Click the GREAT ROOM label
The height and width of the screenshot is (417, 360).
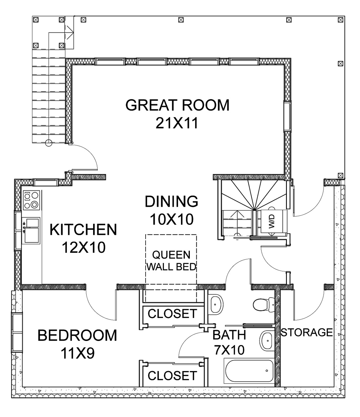tap(177, 105)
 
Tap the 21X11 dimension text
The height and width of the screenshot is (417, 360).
tap(177, 123)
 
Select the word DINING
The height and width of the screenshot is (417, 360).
tap(171, 201)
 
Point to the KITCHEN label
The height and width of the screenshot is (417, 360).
tap(83, 229)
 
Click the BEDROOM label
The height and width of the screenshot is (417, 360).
tap(77, 335)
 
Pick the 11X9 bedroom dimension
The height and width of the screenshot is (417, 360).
tap(78, 353)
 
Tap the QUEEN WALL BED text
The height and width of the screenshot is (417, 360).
tap(171, 261)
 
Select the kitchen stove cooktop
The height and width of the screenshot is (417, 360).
tap(31, 200)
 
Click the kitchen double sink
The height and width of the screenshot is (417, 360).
tap(32, 230)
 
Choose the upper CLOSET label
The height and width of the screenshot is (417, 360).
tap(172, 313)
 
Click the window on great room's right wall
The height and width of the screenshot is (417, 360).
tap(287, 117)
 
